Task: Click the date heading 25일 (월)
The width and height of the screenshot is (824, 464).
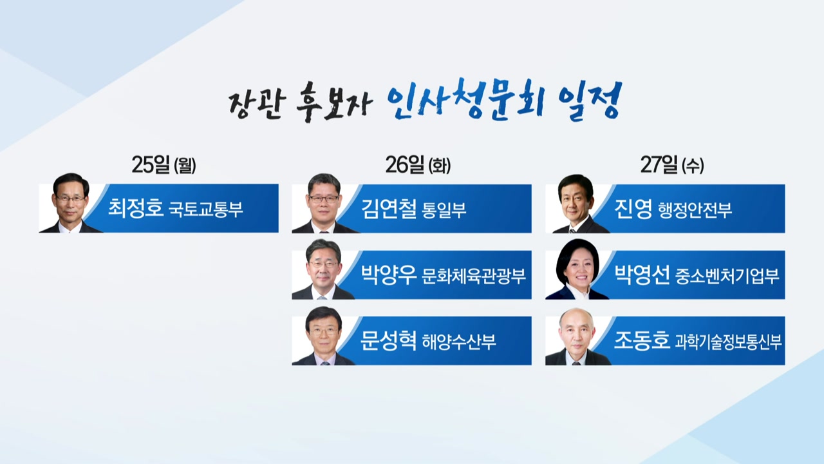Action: click(x=164, y=164)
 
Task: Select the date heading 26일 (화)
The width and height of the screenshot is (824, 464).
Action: click(x=418, y=164)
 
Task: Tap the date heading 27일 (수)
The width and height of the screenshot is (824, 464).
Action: click(x=672, y=164)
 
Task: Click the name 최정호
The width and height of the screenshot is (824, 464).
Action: click(x=135, y=208)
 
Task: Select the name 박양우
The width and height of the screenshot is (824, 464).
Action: click(x=388, y=275)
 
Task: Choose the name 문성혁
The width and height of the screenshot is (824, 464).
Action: click(x=388, y=340)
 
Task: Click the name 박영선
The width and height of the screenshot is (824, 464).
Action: click(x=642, y=275)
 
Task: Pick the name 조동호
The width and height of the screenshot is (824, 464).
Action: click(x=642, y=340)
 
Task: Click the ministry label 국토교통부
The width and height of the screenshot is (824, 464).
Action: click(x=205, y=209)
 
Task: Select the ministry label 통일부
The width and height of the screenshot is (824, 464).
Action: click(x=444, y=210)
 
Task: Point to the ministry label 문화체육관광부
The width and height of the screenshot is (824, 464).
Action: click(x=474, y=276)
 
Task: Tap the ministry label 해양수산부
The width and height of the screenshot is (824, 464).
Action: click(x=459, y=342)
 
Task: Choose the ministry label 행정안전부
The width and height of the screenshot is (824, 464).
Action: click(x=695, y=210)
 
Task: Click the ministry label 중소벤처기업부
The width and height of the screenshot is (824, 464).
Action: click(x=727, y=276)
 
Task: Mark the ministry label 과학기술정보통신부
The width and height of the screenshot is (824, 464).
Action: click(x=728, y=342)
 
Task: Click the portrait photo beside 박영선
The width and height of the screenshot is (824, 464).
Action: click(x=576, y=269)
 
